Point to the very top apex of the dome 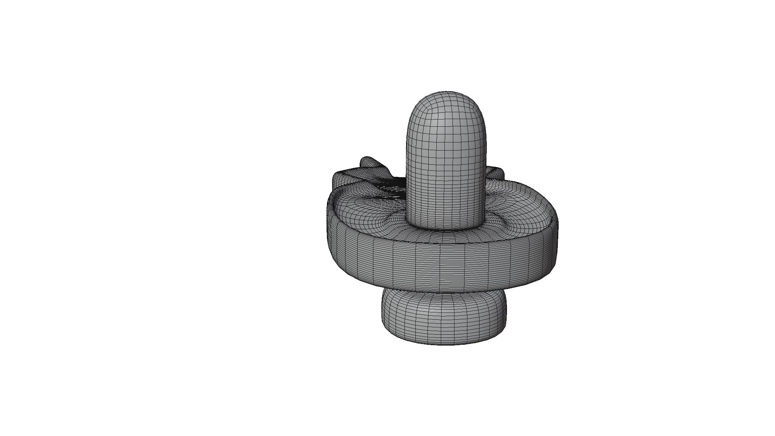coord(446,92)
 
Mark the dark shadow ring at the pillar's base coord(446,228)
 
